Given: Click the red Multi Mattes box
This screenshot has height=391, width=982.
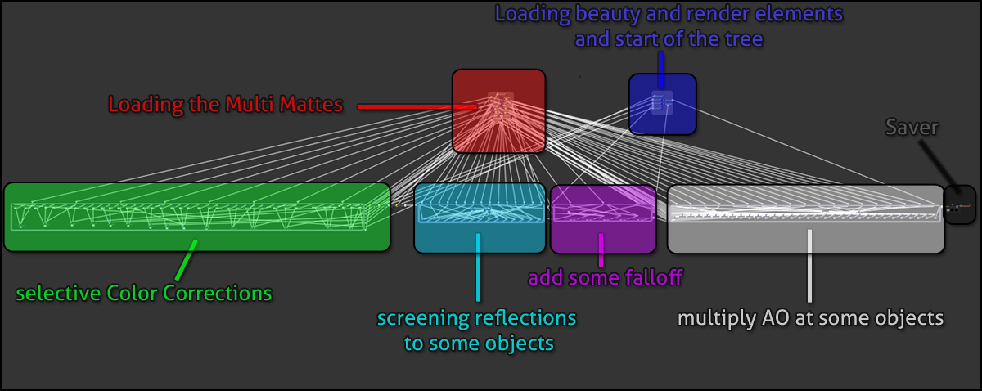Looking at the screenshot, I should click(498, 110).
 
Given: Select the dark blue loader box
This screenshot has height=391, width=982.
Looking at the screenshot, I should click(662, 104).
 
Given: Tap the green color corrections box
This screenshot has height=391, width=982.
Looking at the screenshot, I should click(196, 217).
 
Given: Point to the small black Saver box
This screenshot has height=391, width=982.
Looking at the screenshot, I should click(959, 204).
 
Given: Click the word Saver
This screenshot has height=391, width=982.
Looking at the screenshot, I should click(912, 127).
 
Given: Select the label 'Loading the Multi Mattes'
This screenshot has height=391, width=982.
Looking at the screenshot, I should click(225, 106).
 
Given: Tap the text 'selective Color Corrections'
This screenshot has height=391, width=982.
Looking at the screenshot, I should click(144, 292).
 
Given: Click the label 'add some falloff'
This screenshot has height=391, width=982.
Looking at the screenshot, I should click(605, 278).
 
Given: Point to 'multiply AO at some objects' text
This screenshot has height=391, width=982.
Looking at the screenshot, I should click(811, 317).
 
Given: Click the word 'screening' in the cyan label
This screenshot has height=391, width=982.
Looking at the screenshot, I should click(417, 317).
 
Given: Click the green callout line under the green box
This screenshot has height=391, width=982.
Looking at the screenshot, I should click(187, 259).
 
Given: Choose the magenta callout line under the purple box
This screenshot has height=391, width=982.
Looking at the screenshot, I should click(601, 250).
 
